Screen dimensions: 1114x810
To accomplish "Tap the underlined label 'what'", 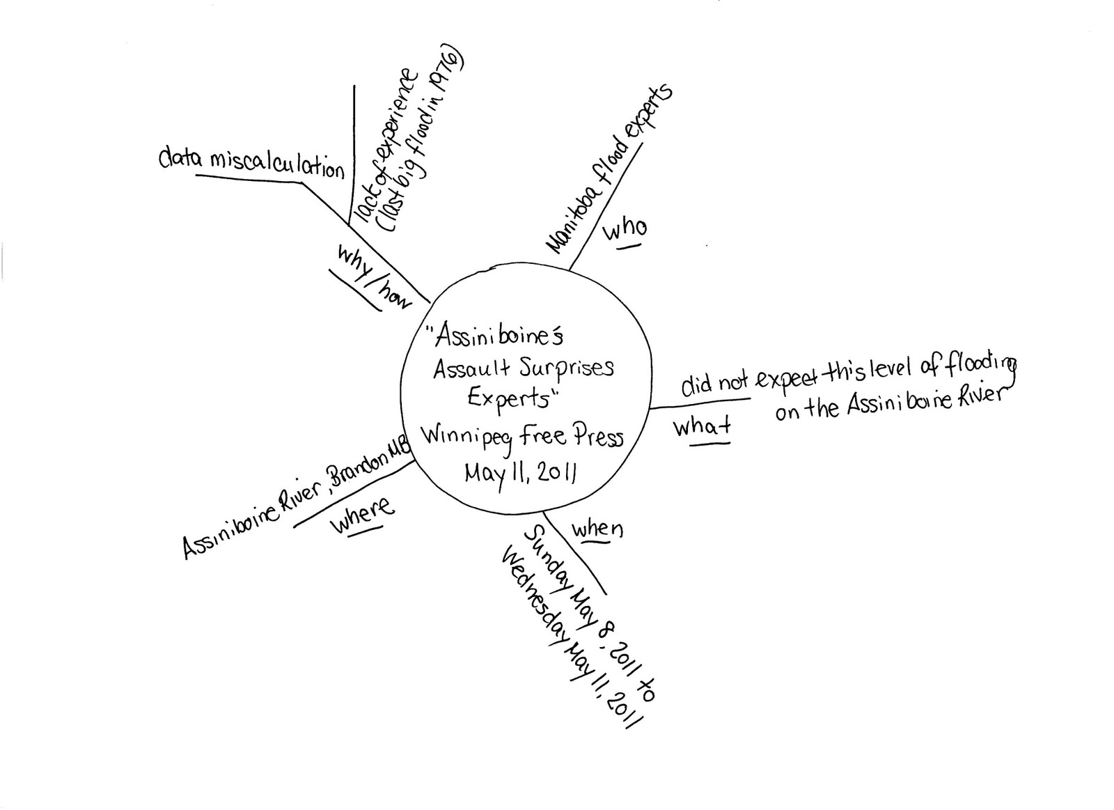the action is [x=701, y=426].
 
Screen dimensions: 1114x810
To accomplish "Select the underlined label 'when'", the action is [x=597, y=529].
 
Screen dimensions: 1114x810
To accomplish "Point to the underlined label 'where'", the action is [x=361, y=516].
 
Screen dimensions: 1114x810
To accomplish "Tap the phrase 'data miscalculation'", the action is [x=251, y=164].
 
